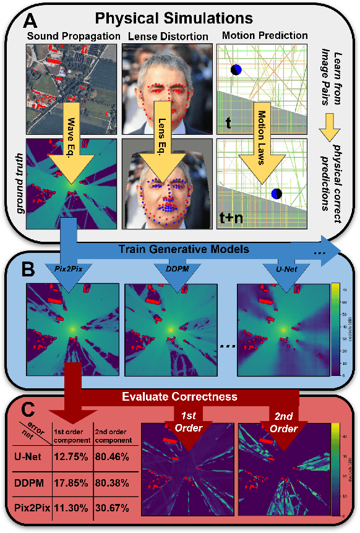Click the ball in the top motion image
point(236,70)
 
